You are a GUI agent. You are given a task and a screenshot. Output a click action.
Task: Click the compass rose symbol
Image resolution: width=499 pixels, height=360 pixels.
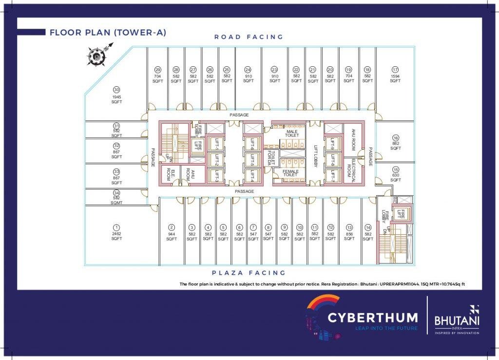point(97,57)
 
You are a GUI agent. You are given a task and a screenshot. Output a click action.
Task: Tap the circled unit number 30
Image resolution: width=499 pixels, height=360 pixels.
point(116,90)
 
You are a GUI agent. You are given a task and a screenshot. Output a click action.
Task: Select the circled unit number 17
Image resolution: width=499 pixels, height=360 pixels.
point(395,70)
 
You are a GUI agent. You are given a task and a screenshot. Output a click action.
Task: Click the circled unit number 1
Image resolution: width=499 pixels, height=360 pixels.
point(116,227)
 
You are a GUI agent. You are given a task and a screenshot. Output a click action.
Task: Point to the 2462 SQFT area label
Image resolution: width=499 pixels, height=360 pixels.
point(116,236)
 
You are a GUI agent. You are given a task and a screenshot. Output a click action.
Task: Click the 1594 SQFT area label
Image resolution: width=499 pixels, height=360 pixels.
point(395,78)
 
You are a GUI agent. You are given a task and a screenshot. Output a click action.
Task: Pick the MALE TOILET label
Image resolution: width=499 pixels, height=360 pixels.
point(292,133)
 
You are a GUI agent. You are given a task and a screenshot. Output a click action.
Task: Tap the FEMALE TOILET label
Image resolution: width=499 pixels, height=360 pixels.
point(291,173)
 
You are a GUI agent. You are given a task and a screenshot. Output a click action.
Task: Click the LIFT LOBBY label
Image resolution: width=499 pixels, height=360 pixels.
point(315,157)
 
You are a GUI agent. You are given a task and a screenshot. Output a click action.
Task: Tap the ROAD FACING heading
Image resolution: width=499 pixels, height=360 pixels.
point(249,37)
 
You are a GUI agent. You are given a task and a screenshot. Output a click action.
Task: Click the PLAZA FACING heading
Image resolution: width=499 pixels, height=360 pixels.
point(249,273)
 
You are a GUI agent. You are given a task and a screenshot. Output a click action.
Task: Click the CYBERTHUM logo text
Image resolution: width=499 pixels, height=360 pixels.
point(372,318)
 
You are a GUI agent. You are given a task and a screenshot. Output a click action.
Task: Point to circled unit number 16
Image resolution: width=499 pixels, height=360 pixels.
point(396,138)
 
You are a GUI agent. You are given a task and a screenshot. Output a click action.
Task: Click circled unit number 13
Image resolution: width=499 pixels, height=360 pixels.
point(349,227)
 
